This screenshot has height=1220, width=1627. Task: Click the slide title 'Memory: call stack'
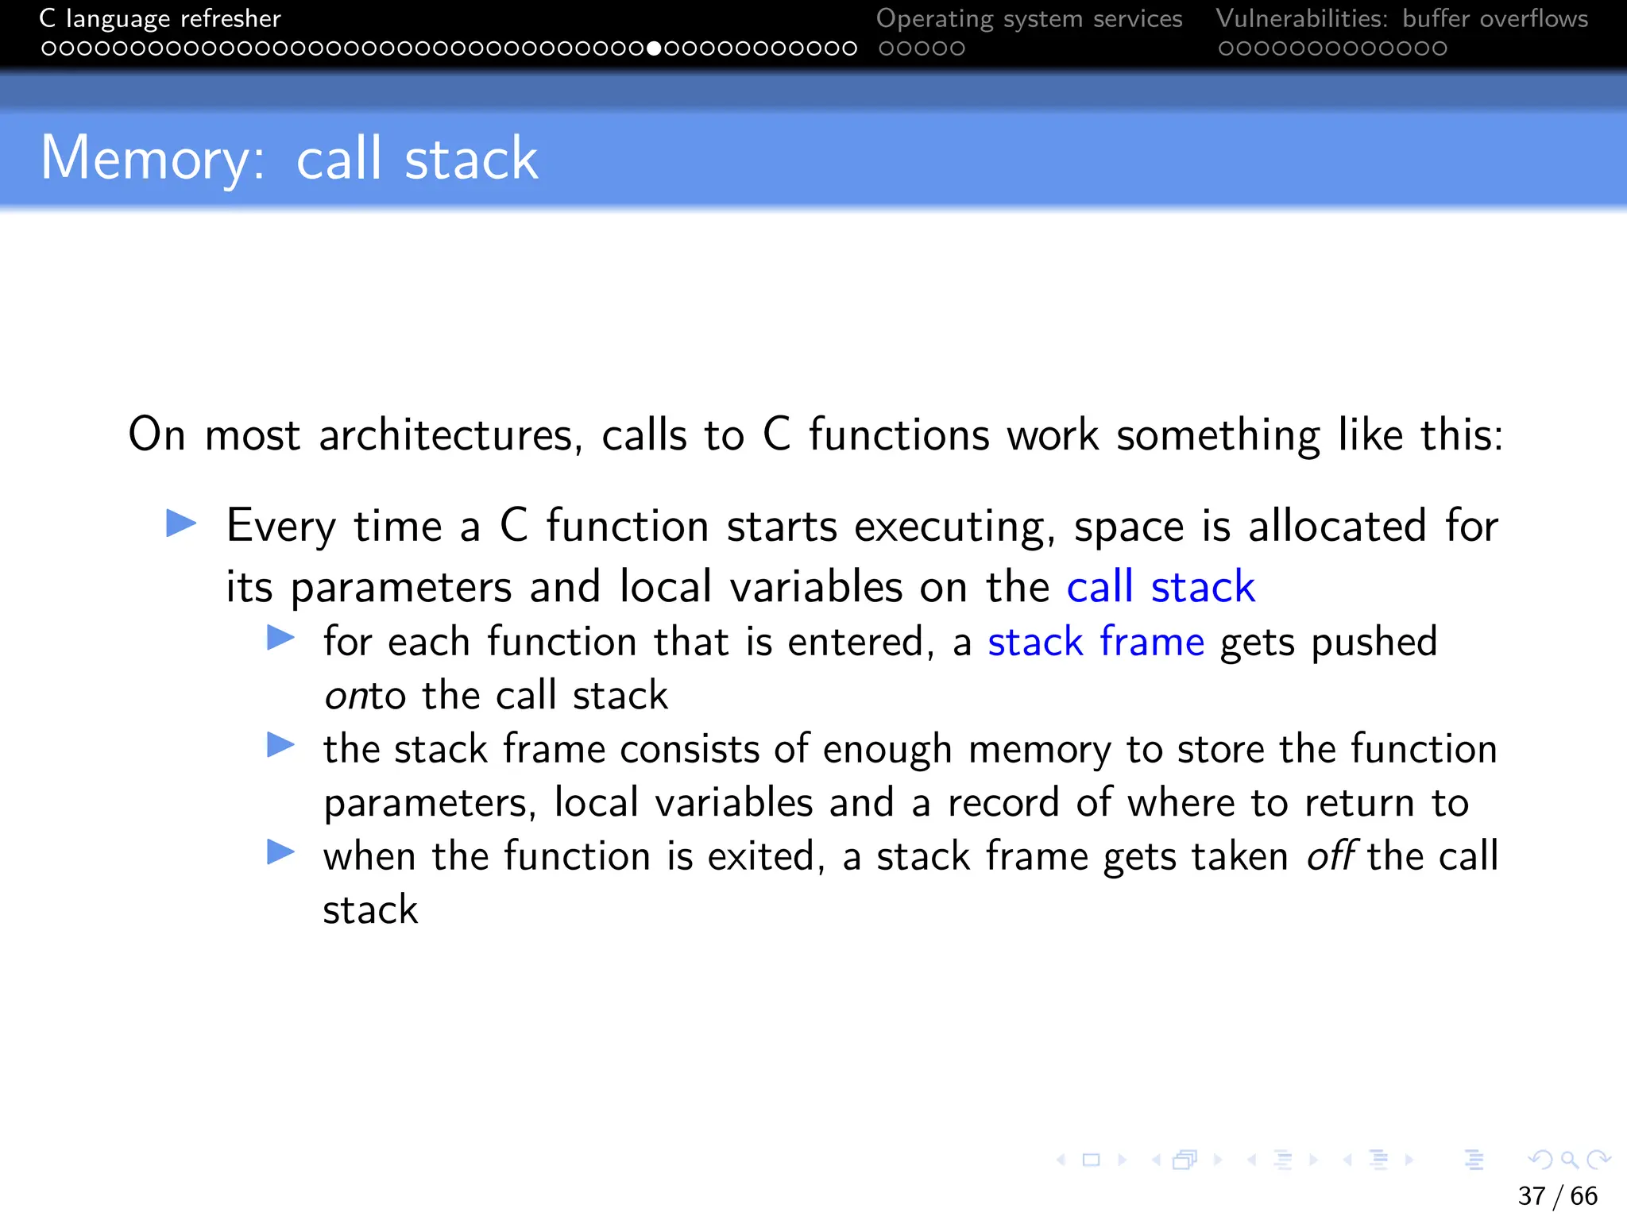coord(289,159)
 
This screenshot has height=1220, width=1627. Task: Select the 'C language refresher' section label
coord(160,18)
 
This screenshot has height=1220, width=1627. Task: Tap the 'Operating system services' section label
coord(1029,18)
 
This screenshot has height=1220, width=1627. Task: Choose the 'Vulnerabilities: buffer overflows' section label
coord(1401,18)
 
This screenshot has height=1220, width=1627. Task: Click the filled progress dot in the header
coord(654,48)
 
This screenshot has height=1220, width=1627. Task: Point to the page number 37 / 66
coord(1557,1195)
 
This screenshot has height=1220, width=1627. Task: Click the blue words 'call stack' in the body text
coord(1160,588)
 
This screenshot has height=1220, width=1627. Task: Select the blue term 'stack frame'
coord(1096,642)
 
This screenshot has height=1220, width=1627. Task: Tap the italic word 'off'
coord(1331,856)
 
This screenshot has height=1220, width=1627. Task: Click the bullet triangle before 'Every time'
coord(181,523)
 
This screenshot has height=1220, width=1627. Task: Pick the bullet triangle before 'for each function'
coord(280,637)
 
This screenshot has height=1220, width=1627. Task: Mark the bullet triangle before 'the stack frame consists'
coord(280,745)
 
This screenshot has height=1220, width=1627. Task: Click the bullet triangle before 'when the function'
coord(280,852)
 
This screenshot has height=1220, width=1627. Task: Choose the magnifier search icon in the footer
coord(1569,1160)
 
